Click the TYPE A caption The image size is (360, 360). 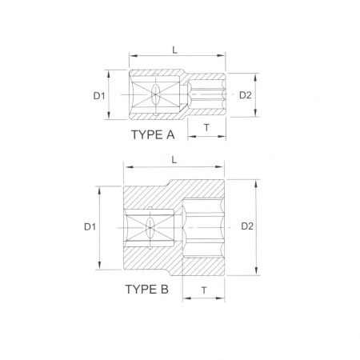(153, 135)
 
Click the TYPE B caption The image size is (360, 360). (147, 290)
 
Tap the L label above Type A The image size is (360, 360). (174, 50)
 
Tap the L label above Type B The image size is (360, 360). (174, 160)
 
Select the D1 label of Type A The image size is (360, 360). (99, 96)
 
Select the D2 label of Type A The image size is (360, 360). (246, 95)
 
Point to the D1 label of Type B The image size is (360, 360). (90, 227)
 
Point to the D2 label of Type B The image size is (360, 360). (247, 226)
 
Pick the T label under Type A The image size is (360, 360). (206, 128)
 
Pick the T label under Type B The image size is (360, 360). (204, 290)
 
